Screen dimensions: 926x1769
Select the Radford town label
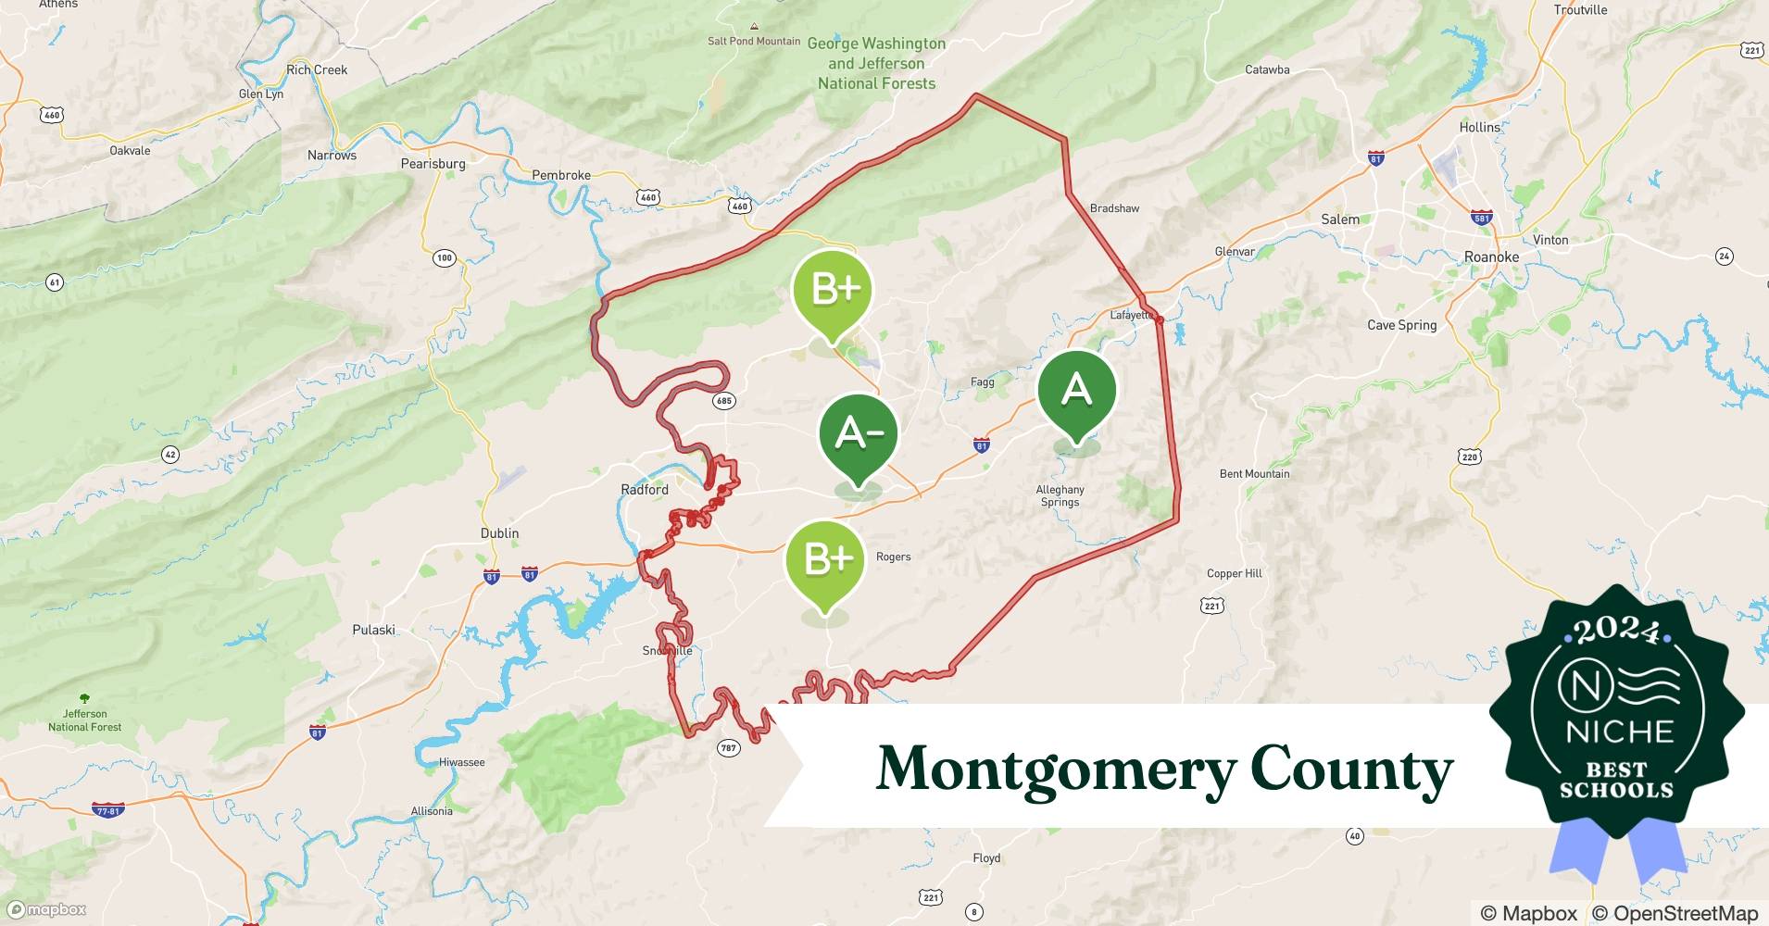click(x=645, y=489)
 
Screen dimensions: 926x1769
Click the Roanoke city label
click(x=1491, y=257)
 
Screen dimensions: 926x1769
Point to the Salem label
click(x=1340, y=219)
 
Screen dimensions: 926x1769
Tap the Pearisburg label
click(x=433, y=164)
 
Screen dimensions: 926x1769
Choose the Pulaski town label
click(x=373, y=630)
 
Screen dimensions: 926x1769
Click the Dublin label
click(x=499, y=533)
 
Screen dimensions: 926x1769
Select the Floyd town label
click(x=986, y=858)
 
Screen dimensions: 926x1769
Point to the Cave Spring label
click(x=1401, y=325)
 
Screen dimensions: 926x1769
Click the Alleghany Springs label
click(x=1060, y=495)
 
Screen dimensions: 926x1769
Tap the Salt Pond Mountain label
click(x=754, y=41)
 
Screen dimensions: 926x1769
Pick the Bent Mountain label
click(x=1254, y=474)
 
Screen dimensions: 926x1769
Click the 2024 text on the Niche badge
click(x=1616, y=631)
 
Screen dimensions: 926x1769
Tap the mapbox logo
click(x=46, y=910)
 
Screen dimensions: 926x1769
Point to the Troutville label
click(x=1580, y=10)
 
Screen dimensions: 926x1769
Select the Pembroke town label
click(x=561, y=175)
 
